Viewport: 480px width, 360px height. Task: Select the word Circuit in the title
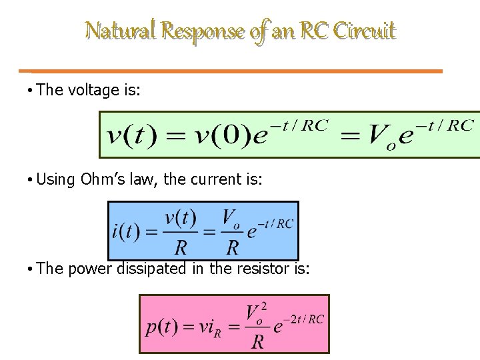coord(365,31)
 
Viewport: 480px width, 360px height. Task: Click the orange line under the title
coord(237,71)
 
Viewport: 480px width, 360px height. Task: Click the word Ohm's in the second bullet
coord(107,179)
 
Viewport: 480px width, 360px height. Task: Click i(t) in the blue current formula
coord(126,231)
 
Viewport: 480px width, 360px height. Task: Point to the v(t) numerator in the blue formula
coord(180,218)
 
